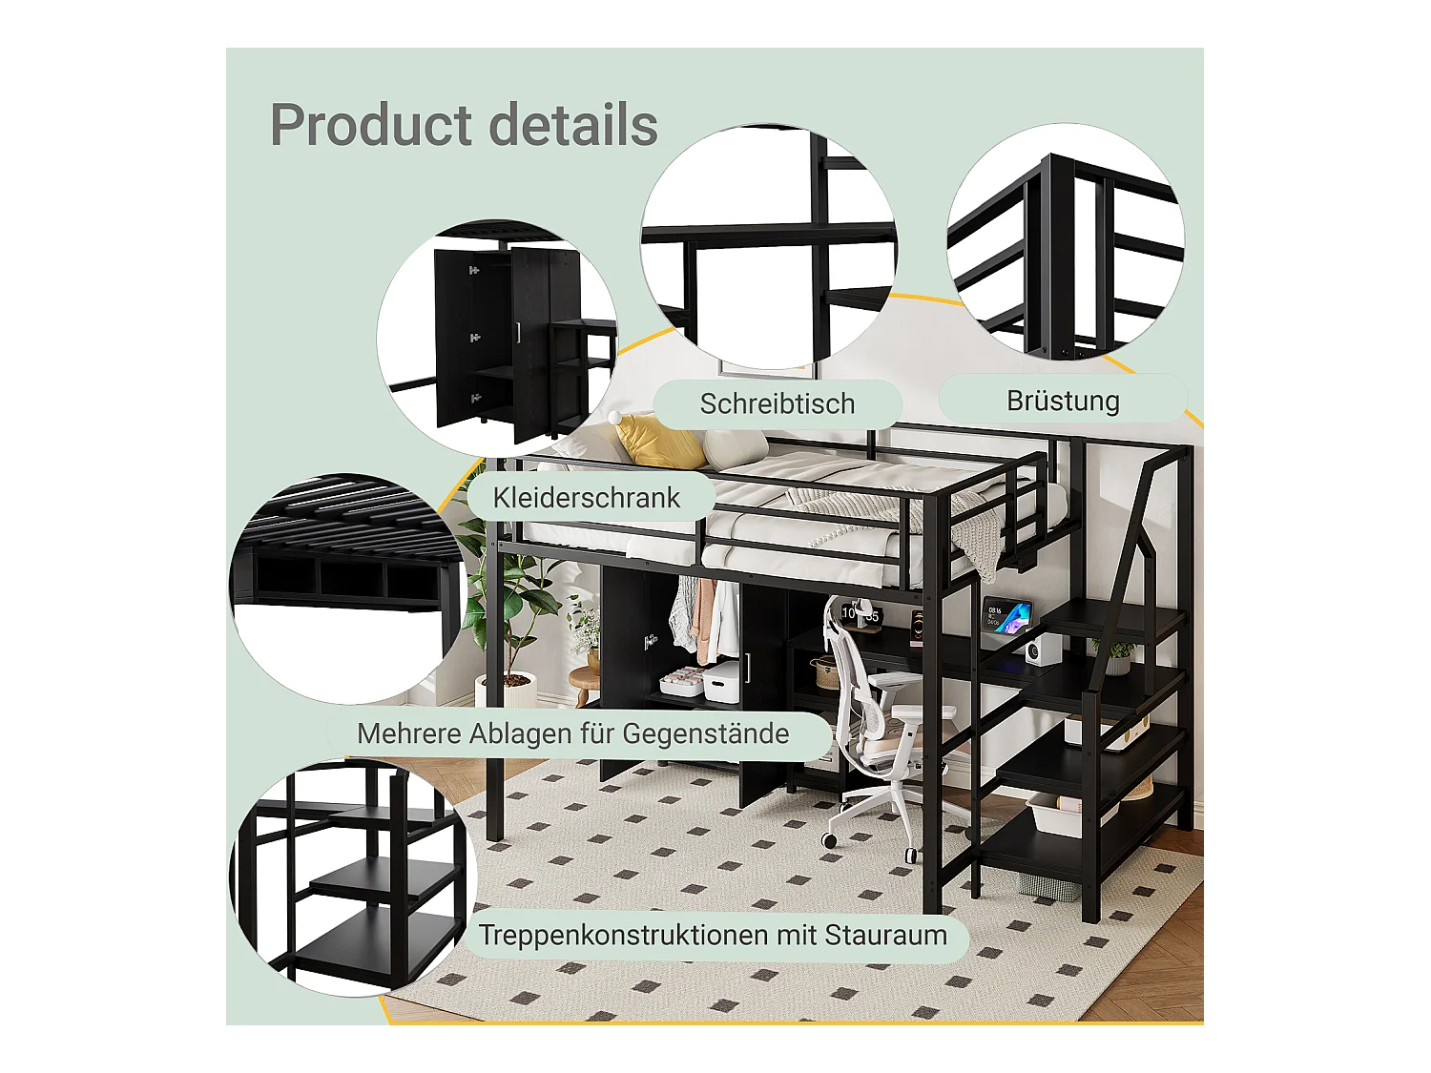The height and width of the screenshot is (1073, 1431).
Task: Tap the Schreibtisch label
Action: point(777,403)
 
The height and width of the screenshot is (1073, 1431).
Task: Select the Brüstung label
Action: point(1063,401)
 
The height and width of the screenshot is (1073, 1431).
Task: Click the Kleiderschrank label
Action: point(586,497)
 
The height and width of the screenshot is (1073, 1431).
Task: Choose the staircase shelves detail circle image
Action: point(353,877)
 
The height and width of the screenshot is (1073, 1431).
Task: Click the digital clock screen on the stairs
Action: point(1007,617)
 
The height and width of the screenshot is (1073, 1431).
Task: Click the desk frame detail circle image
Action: point(769,246)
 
